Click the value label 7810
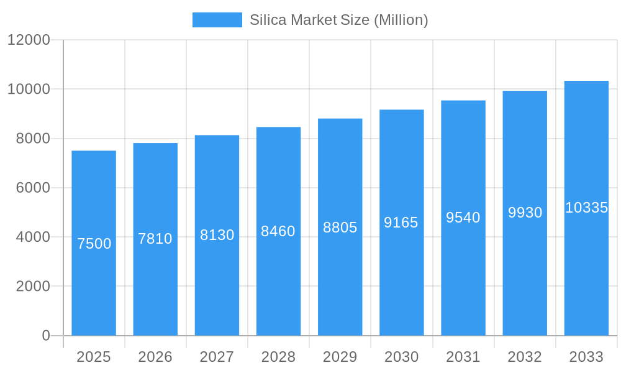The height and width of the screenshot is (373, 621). [x=155, y=239]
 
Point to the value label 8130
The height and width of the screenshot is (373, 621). [x=217, y=235]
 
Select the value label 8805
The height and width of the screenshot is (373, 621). [x=340, y=228]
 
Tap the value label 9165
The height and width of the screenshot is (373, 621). [x=401, y=223]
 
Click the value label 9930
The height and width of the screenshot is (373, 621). [x=525, y=213]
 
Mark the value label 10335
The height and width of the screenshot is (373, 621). [x=586, y=208]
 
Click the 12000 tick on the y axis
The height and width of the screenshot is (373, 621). [x=29, y=40]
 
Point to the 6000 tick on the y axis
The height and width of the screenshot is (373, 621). [x=33, y=188]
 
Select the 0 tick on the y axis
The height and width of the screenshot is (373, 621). [x=46, y=336]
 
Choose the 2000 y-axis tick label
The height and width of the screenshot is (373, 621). [x=33, y=287]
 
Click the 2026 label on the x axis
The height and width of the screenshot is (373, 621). [x=155, y=357]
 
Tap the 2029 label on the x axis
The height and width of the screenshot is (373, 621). [x=340, y=357]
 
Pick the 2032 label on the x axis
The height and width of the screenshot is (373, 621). [x=525, y=357]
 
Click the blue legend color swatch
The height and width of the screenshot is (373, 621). [x=217, y=20]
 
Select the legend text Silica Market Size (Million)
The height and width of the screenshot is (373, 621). [x=338, y=20]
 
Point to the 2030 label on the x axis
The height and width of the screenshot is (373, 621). [x=401, y=357]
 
